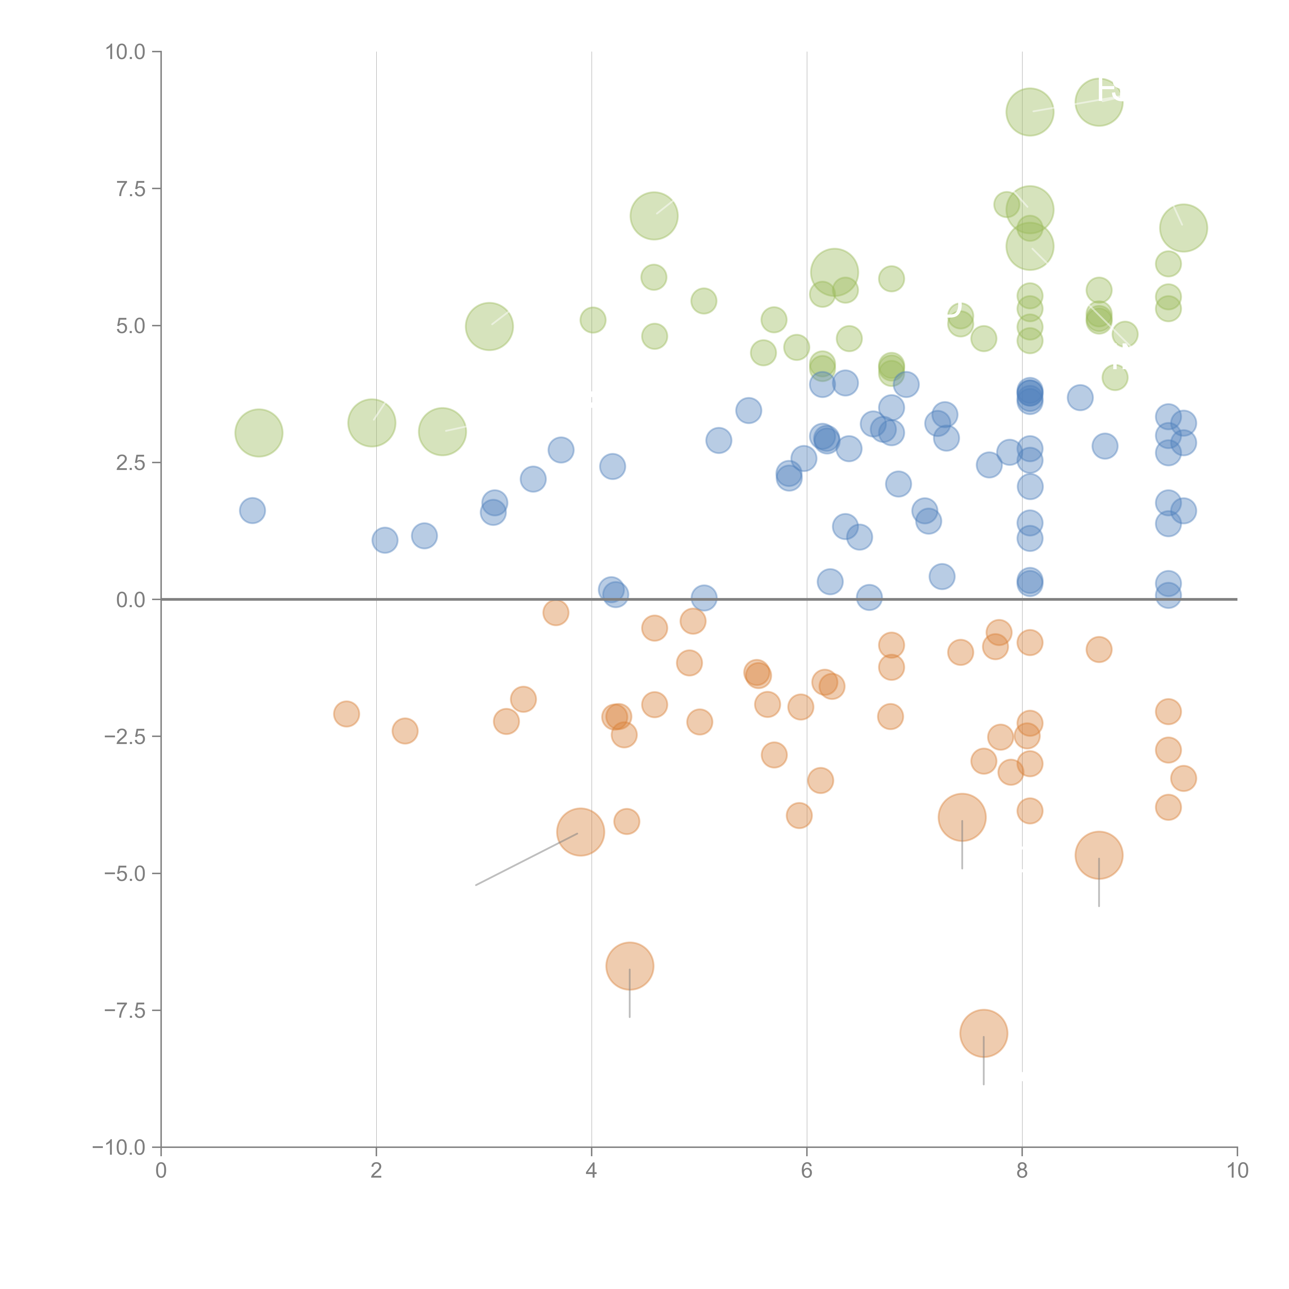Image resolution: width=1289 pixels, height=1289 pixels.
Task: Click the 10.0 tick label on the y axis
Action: pyautogui.click(x=126, y=52)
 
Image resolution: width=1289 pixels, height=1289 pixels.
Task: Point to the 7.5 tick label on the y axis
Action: pyautogui.click(x=131, y=189)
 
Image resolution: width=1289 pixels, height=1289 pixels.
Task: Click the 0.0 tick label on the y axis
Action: pyautogui.click(x=131, y=600)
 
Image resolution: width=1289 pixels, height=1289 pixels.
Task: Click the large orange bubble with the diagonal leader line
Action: pyautogui.click(x=581, y=831)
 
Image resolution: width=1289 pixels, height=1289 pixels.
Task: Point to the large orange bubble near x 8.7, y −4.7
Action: pyautogui.click(x=1099, y=855)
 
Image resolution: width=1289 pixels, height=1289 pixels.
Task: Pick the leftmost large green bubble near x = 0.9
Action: pyautogui.click(x=259, y=433)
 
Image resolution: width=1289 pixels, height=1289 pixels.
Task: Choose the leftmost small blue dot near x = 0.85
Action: pyautogui.click(x=252, y=510)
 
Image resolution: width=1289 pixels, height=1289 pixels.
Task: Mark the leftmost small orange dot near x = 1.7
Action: pyautogui.click(x=346, y=714)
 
